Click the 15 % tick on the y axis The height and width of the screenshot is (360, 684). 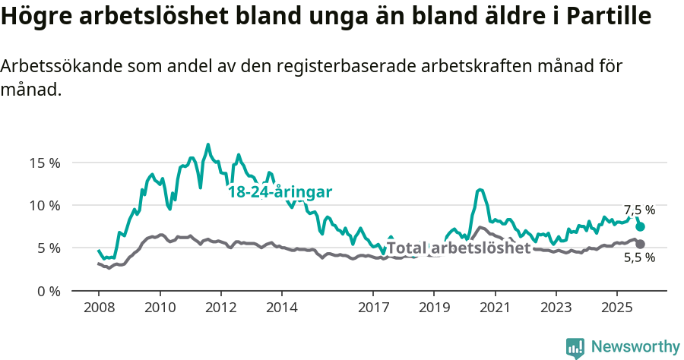click(x=45, y=163)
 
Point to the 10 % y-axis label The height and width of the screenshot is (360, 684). click(x=45, y=205)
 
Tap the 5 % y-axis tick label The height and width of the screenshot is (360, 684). click(x=48, y=248)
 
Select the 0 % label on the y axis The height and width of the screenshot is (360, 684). click(x=48, y=291)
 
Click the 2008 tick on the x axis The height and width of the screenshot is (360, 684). click(x=99, y=308)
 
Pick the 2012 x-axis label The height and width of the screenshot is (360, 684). click(x=220, y=308)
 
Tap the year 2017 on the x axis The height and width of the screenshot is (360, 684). click(x=373, y=308)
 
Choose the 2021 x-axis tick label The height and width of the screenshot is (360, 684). click(x=495, y=308)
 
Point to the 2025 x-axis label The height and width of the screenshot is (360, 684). click(x=616, y=308)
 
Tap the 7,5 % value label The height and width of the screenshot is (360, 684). click(x=639, y=210)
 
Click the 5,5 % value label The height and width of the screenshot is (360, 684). click(x=639, y=257)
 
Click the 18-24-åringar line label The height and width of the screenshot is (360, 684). click(x=280, y=192)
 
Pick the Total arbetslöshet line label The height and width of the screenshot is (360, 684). click(x=458, y=248)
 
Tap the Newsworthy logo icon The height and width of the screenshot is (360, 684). click(x=575, y=348)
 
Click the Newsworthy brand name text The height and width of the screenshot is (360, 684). click(x=635, y=347)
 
